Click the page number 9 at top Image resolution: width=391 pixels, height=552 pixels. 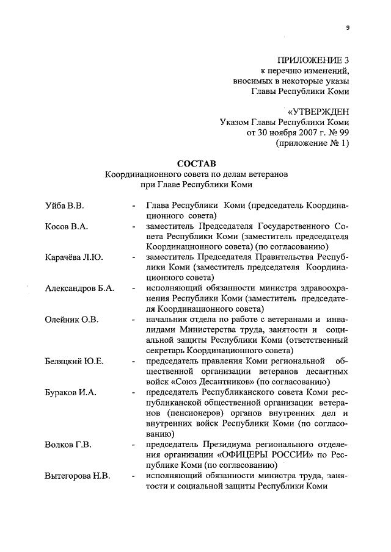(x=347, y=27)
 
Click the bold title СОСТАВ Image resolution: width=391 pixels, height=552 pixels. (x=196, y=163)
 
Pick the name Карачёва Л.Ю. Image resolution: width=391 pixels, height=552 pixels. (x=74, y=257)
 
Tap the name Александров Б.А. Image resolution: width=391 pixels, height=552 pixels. (x=79, y=289)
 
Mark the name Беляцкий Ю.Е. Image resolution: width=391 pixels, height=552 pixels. (x=75, y=361)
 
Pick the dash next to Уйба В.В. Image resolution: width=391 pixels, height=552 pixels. (x=133, y=205)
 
